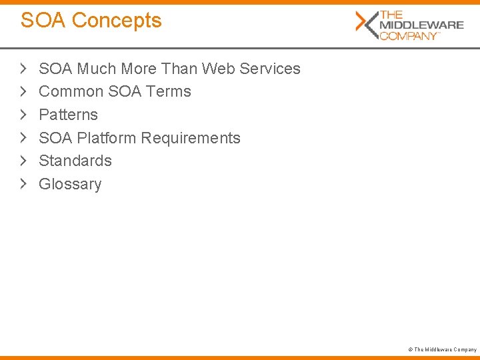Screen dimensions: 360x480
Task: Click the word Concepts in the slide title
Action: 117,21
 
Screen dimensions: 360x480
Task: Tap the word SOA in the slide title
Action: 43,21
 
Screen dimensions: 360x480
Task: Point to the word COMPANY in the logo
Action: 409,35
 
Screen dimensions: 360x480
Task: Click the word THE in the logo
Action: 391,15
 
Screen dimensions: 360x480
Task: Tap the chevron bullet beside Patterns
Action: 23,115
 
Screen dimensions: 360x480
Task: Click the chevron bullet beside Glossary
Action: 23,184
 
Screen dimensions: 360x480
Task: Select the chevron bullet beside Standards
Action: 23,161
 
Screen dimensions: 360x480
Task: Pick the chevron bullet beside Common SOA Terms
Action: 23,91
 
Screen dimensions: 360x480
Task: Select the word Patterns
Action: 69,115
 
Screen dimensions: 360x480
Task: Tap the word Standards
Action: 75,161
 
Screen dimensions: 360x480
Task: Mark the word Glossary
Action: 70,184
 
